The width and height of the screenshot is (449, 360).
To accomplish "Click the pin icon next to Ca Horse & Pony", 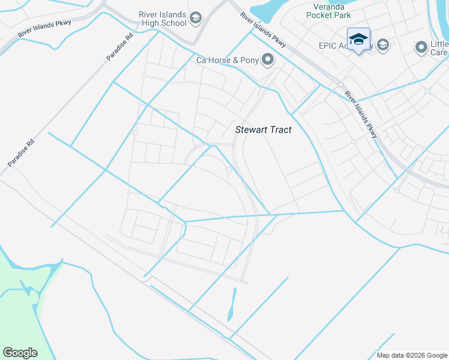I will coord(268,60).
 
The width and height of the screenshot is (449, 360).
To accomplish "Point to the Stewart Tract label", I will coord(263,130).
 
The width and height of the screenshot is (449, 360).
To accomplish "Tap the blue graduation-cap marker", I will coord(358,40).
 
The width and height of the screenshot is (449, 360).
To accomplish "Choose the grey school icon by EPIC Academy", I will coord(383,45).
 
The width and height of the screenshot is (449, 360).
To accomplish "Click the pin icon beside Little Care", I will coord(421,46).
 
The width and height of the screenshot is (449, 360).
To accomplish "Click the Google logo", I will coord(20,353).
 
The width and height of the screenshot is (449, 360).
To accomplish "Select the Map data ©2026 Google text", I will coord(411,355).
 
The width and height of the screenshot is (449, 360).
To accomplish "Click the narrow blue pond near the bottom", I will coord(232,305).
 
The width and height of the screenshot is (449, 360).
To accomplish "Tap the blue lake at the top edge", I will coord(270,11).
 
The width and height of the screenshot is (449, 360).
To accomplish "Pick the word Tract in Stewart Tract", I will coord(279,130).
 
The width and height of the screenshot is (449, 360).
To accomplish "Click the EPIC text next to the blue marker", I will coord(329,46).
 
